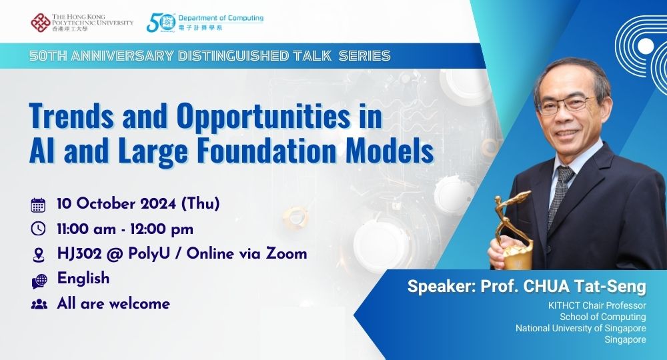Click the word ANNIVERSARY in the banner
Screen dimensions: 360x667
tap(118, 56)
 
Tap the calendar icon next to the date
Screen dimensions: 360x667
tap(39, 205)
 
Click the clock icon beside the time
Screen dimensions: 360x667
tap(39, 229)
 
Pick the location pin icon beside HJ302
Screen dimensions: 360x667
tap(39, 254)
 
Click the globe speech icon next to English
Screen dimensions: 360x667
tap(39, 280)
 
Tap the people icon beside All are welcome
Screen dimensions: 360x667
tap(39, 304)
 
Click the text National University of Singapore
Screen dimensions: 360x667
tap(580, 328)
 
